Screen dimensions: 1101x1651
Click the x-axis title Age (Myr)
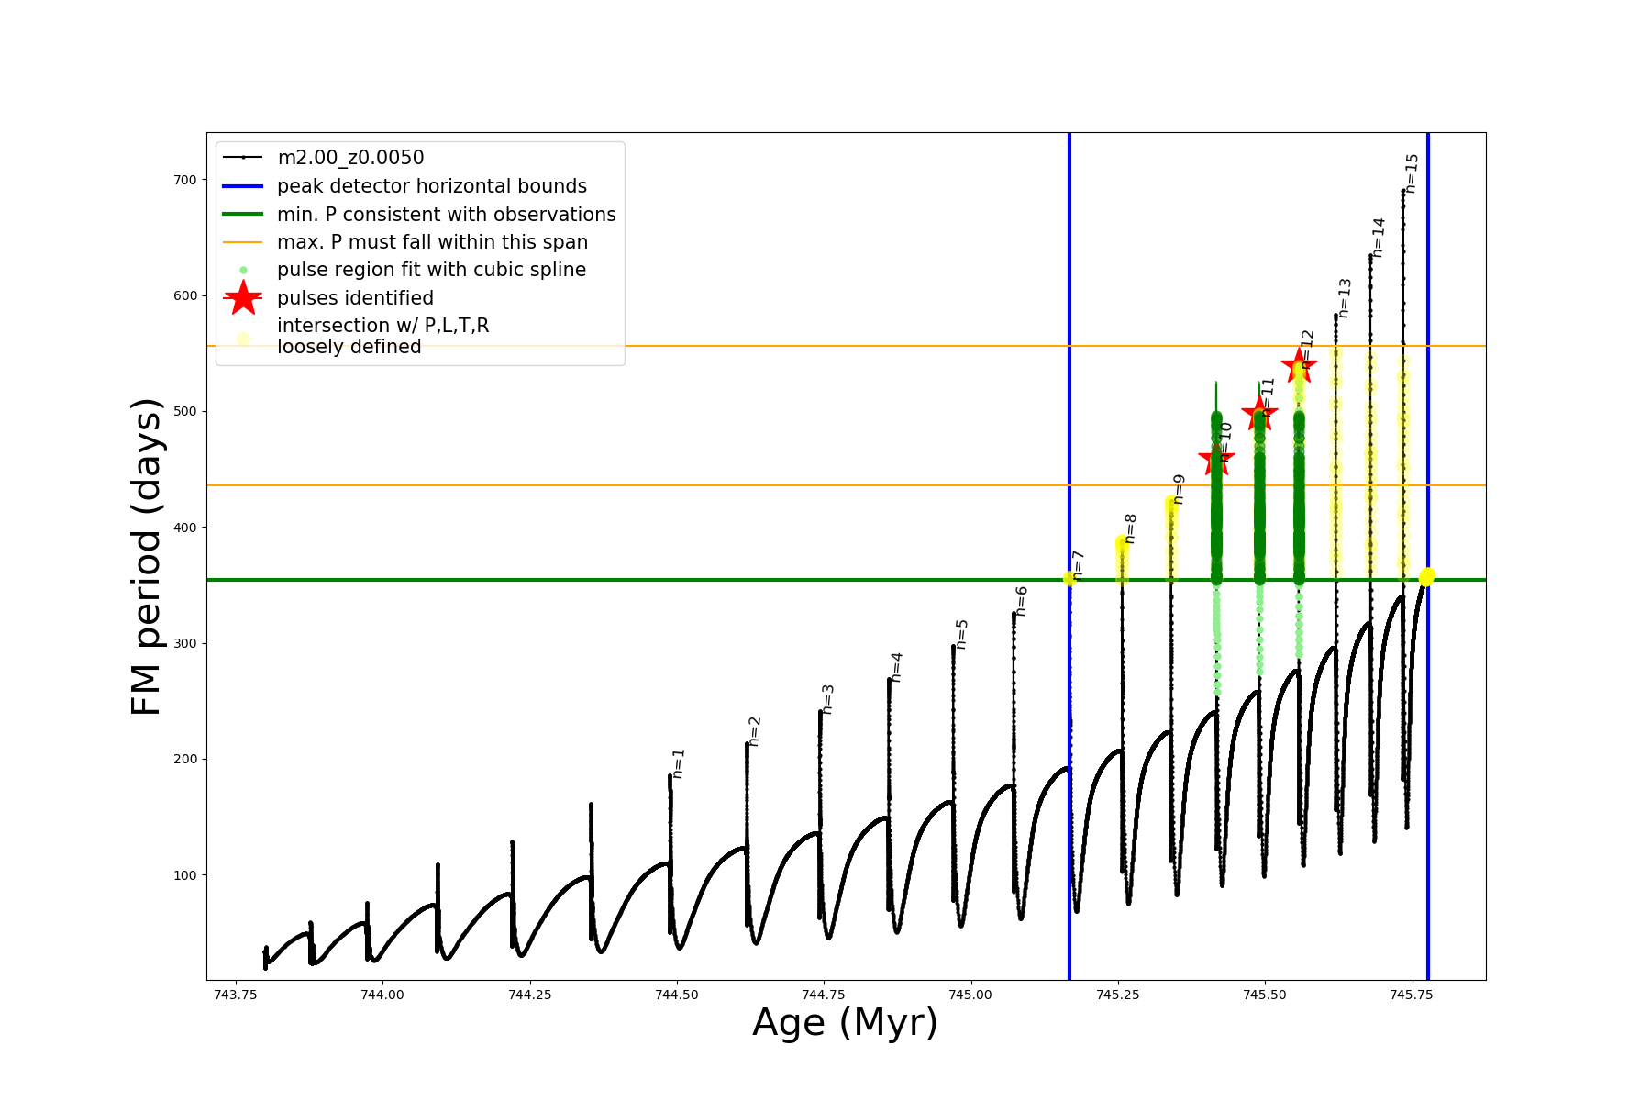tap(845, 1023)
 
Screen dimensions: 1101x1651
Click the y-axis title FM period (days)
tap(147, 557)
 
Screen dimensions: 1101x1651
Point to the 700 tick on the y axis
tap(185, 180)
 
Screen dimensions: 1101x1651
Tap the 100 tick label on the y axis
tap(185, 875)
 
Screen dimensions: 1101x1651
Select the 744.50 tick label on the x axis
tap(677, 995)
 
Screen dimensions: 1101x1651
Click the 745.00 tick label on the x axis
tap(970, 995)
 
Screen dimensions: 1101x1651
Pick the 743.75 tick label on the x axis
tap(236, 995)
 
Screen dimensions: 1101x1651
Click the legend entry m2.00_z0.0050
tap(350, 158)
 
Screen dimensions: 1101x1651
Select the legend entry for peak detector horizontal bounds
tap(431, 186)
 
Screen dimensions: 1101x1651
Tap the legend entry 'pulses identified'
tap(355, 298)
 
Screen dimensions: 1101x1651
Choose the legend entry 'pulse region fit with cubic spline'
tap(431, 270)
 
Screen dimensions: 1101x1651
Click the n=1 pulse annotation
tap(679, 763)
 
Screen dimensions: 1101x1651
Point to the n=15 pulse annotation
tap(1412, 172)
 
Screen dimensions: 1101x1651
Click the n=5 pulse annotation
tap(961, 634)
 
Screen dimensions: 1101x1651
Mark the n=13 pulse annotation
tap(1345, 298)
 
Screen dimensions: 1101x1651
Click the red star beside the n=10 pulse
tap(1216, 458)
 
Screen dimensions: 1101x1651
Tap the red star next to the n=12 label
tap(1299, 366)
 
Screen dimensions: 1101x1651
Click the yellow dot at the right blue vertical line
tap(1427, 577)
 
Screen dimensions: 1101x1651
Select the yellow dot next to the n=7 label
tap(1069, 578)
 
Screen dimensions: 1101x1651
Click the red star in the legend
tap(243, 298)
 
